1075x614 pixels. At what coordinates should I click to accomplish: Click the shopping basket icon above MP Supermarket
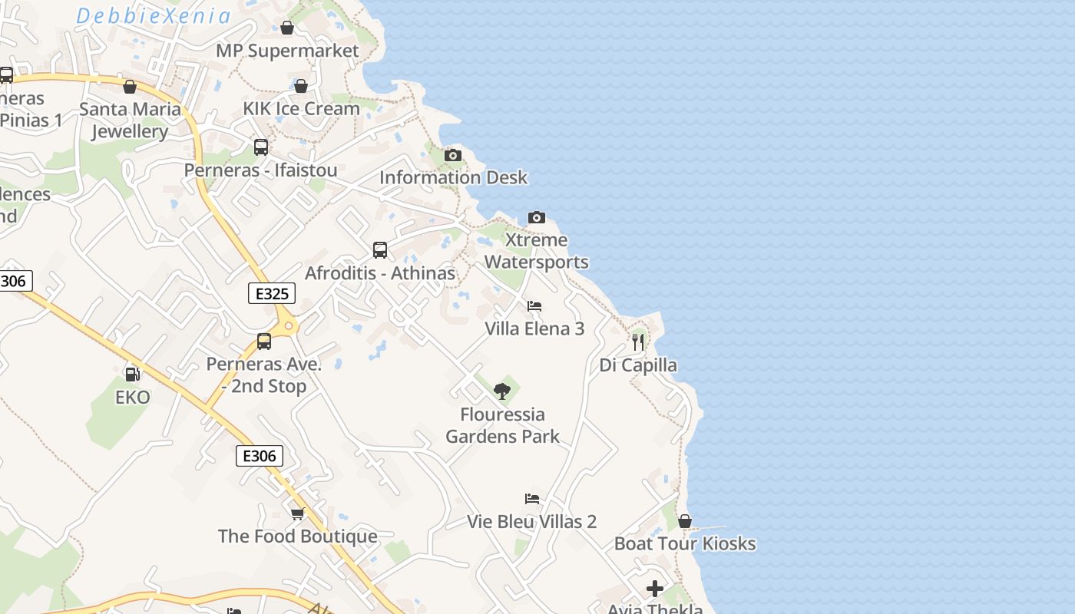coord(287,28)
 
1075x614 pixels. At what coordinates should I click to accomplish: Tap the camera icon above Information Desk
coord(453,156)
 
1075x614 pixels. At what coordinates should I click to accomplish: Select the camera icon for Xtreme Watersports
coord(537,218)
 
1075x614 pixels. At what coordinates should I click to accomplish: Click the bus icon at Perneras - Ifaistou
coord(261,147)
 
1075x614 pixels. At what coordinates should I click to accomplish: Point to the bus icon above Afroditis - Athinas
coord(380,250)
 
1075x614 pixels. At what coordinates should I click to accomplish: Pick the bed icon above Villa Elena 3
coord(534,306)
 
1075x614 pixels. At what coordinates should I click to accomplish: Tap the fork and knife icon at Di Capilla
coord(638,342)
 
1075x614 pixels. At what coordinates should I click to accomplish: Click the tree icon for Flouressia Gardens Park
coord(502,392)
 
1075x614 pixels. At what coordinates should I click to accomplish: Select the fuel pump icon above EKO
coord(132,375)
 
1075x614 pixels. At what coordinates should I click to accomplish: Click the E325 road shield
coord(272,293)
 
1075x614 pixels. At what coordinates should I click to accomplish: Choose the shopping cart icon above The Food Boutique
coord(298,513)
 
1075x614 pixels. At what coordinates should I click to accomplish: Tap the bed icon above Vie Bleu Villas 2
coord(532,499)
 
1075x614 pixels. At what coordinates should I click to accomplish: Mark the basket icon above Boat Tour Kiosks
coord(685,522)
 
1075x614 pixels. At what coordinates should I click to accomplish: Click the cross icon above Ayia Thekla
coord(655,589)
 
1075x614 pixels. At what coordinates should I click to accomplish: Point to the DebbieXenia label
coord(154,16)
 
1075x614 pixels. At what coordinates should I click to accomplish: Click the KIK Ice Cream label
coord(301,108)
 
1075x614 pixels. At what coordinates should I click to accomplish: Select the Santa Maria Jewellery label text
coord(130,120)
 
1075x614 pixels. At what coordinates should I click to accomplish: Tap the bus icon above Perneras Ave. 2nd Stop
coord(264,342)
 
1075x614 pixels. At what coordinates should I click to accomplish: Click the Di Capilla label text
coord(638,365)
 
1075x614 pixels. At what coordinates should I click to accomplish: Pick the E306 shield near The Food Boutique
coord(259,456)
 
